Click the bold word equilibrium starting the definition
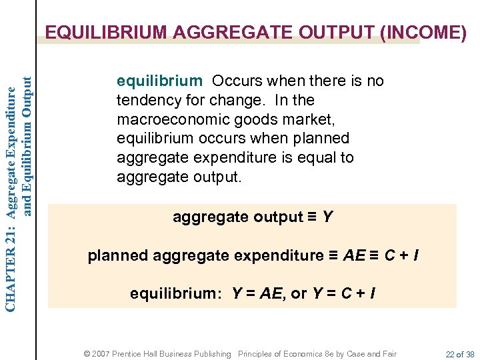[159, 81]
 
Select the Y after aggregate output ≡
[327, 217]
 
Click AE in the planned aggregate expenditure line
[353, 255]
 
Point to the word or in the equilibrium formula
[299, 293]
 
